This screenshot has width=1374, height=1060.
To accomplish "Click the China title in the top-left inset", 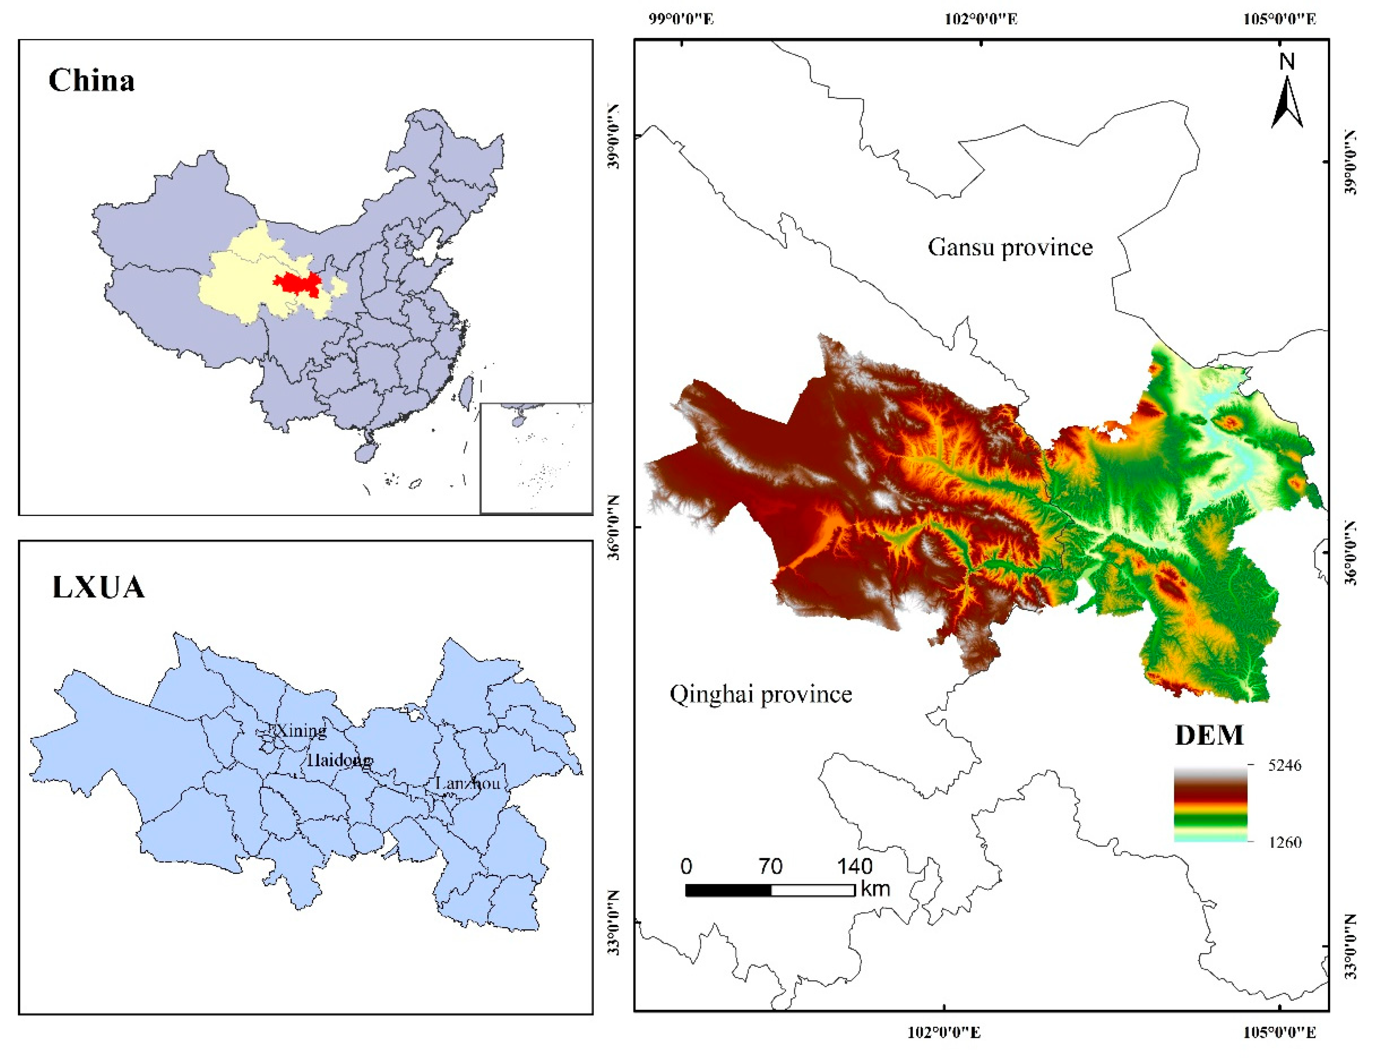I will coord(91,81).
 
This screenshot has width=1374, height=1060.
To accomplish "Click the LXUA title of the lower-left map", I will coord(98,588).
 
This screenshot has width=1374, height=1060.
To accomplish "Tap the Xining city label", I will coord(301,730).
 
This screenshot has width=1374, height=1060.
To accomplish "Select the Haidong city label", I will coord(339,760).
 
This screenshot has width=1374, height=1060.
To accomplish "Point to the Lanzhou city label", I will coord(467,783).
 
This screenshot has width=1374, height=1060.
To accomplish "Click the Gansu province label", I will coord(1010,247).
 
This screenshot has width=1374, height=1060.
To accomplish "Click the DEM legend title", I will coord(1208,735).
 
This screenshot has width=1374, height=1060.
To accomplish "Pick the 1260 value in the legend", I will coord(1284,842).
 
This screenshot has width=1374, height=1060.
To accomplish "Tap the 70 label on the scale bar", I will coord(770,867).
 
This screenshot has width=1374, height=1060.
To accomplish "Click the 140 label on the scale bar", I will coord(854,867).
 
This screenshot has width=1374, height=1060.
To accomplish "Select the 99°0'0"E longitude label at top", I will coord(682,19).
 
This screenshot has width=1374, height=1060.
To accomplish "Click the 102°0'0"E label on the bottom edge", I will coord(944,1032).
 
